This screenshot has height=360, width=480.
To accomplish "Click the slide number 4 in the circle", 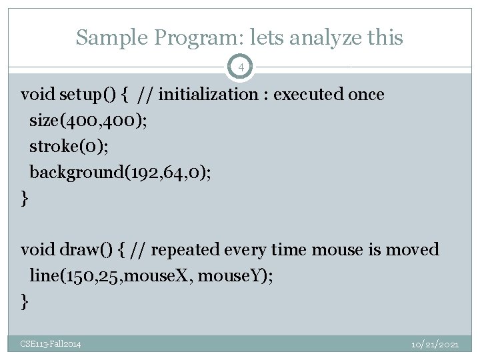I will click(x=241, y=68).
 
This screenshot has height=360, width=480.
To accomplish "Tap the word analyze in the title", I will click(x=307, y=37).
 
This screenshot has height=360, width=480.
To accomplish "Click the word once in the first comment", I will click(x=367, y=95).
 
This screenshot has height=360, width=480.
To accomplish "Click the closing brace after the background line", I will click(x=25, y=198).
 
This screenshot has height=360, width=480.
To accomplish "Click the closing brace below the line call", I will click(x=25, y=302).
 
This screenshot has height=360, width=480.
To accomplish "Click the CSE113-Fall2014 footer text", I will click(x=51, y=344).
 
